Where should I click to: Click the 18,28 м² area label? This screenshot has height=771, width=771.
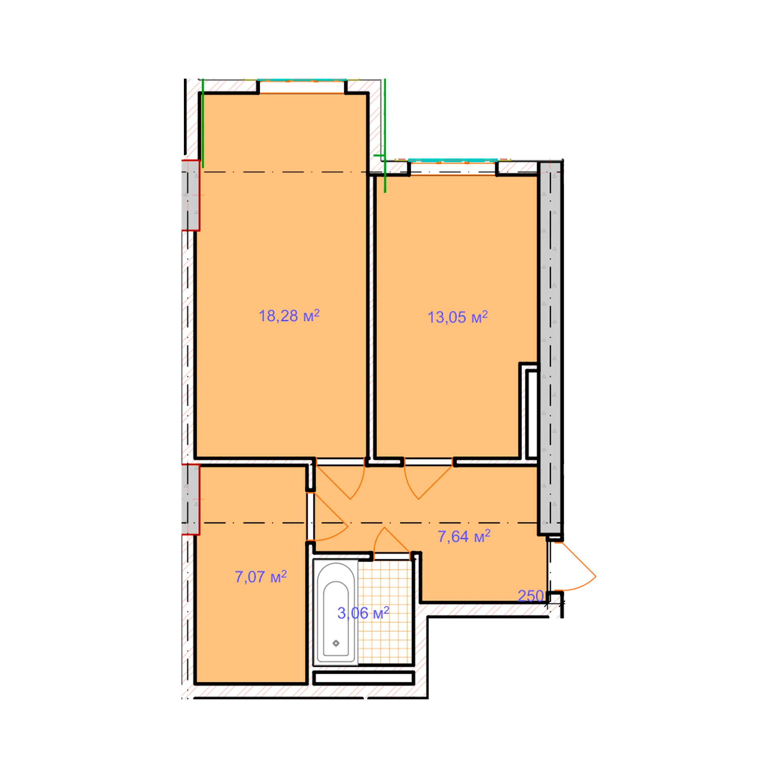coord(289,316)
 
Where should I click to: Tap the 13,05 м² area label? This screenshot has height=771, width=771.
coord(457,317)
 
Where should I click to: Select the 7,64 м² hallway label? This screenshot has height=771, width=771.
coord(464,536)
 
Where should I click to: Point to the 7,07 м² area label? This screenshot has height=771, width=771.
coord(261,577)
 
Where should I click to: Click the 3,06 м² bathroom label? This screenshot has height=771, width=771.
coord(363,613)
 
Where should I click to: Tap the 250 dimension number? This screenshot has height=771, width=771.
coord(530,596)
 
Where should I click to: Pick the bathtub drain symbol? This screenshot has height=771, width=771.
coord(336,643)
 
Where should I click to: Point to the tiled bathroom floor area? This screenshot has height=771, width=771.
coord(385,612)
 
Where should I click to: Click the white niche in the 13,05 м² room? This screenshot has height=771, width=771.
coord(532,414)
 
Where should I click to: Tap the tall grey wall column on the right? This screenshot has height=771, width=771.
coord(550,348)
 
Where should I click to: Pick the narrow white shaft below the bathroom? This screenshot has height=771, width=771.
coord(363,678)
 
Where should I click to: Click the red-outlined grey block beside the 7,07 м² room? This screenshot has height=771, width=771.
coord(191,500)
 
